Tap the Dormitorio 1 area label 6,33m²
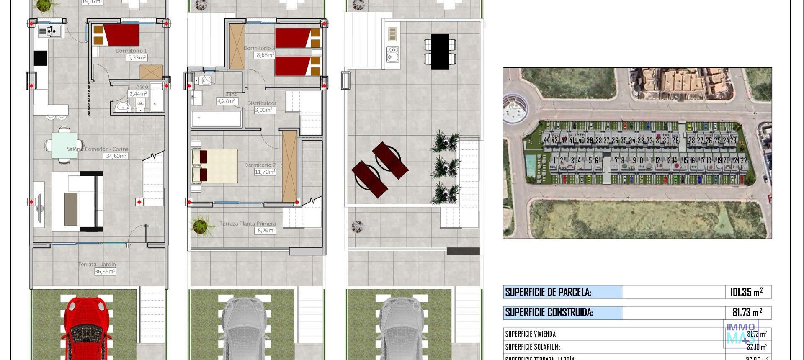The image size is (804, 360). pos(137,58)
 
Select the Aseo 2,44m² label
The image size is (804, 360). pos(138,94)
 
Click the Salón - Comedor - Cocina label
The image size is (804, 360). pos(97,149)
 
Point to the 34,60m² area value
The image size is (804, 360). pos(116,156)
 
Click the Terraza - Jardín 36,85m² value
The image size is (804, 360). pos(105,271)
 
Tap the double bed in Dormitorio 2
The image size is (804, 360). pos(215,166)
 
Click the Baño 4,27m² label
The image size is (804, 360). pos(227,101)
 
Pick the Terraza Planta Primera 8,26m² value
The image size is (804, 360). pos(266,230)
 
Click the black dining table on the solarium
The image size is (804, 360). pos(440,51)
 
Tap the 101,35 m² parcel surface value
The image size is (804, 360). pos(746,292)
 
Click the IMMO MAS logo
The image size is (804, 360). pos(740,333)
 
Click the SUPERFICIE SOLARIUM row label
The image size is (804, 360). pos(532,347)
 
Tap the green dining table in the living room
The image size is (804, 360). pos(64,145)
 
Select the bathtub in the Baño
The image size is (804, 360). pos(216,118)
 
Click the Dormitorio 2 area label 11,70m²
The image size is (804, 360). pos(265,172)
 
